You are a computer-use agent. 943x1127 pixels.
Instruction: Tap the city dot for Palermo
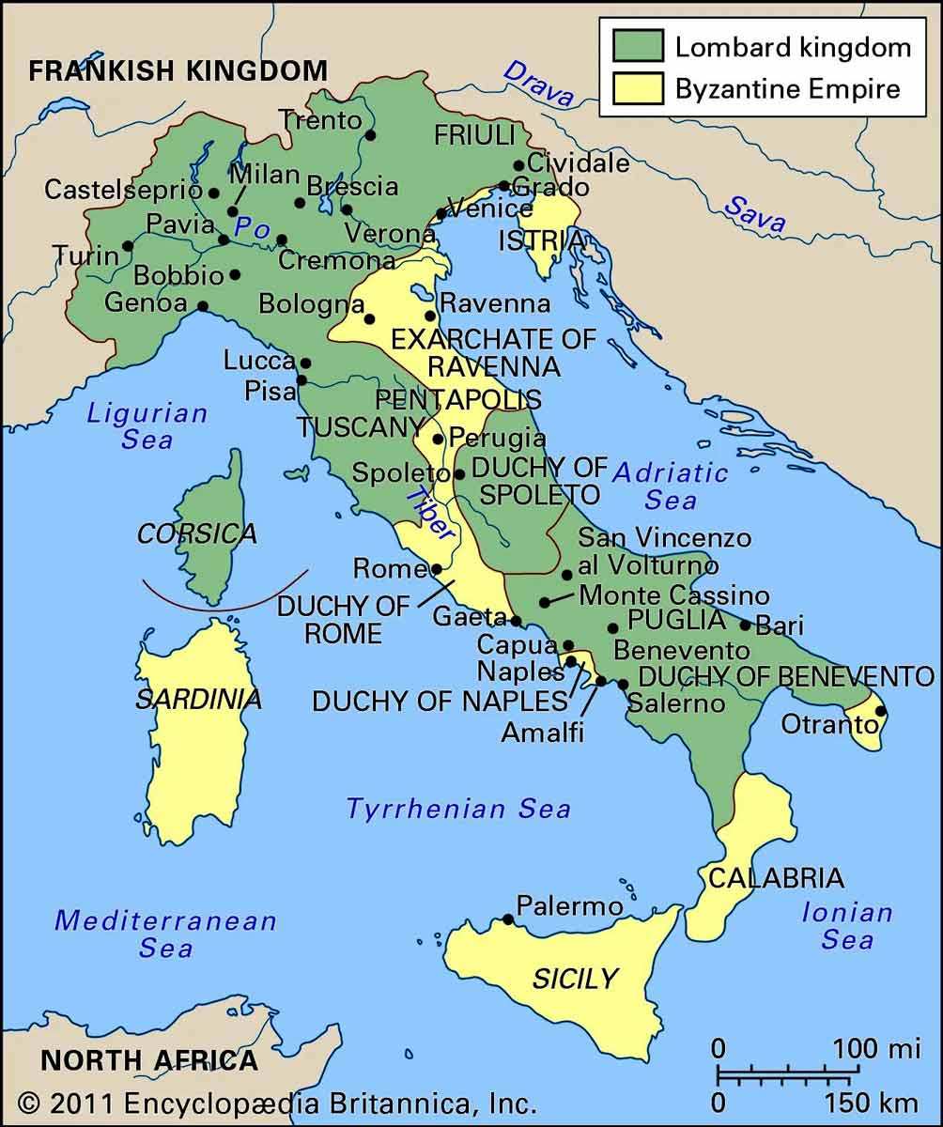[508, 919]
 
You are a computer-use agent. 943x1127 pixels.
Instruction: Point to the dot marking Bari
[746, 625]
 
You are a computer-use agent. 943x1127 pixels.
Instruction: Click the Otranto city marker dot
[880, 711]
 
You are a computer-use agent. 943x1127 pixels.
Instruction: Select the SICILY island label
[574, 979]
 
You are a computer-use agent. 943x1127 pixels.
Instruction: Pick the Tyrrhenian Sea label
[458, 809]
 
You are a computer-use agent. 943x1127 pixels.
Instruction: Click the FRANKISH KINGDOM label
[178, 70]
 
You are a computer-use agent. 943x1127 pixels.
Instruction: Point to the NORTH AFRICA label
[148, 1060]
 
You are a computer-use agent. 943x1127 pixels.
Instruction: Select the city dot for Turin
[128, 245]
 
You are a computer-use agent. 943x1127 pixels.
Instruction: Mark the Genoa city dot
[202, 305]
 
